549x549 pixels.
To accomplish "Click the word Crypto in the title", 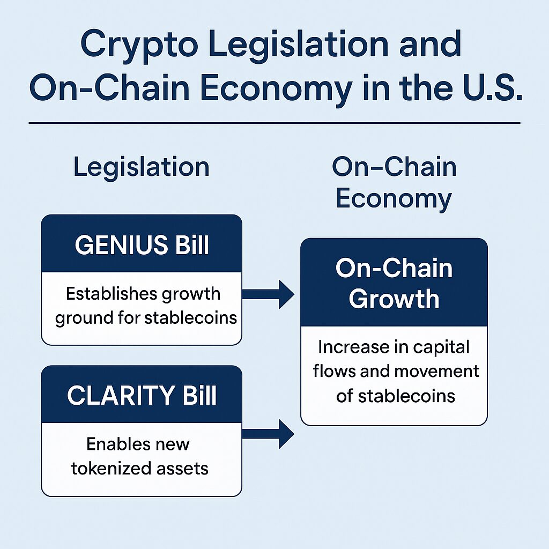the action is point(139,46).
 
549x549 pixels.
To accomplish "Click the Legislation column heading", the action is point(142,167).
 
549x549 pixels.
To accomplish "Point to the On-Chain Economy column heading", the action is point(394,182).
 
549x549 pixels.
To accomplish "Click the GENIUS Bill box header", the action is point(142,244).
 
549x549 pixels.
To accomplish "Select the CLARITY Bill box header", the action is point(142,395).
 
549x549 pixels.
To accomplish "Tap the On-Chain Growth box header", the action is point(394,283).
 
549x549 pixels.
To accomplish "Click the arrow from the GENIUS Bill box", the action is point(268,294).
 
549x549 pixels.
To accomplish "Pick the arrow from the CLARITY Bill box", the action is point(268,434).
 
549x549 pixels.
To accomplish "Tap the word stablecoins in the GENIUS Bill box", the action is point(191,318).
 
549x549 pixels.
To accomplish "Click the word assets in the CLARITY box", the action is point(182,469).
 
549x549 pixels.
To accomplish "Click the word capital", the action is point(441,347).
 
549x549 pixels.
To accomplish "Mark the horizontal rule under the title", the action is point(274,123).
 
